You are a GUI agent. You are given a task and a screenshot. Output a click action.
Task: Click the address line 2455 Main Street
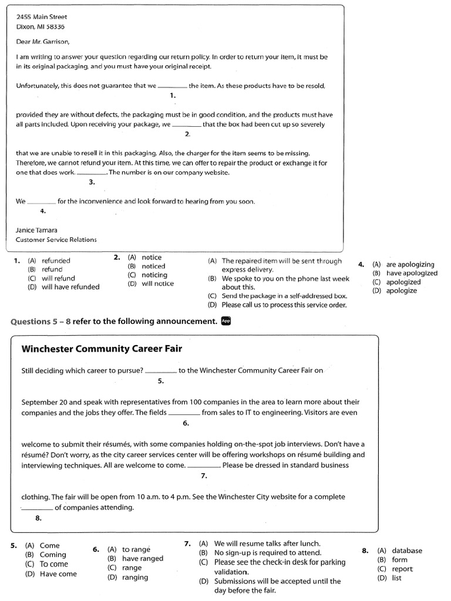pos(41,17)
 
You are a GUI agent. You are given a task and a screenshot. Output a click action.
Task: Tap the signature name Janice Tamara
pos(36,230)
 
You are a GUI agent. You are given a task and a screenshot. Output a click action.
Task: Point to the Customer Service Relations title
pos(56,239)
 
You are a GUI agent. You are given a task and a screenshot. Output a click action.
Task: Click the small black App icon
pos(227,320)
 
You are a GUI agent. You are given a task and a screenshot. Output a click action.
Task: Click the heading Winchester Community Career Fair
pos(102,349)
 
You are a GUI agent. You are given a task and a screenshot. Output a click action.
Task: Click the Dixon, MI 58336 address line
pos(41,26)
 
